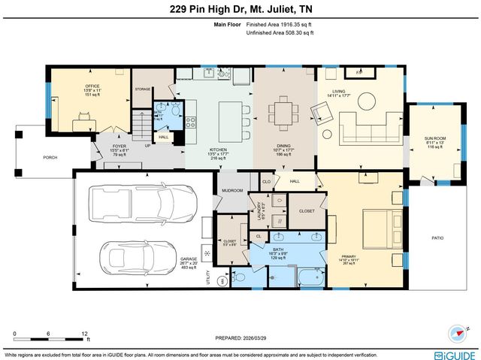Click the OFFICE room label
point(92,86)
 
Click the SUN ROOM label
point(434,139)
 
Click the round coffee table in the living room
point(367,100)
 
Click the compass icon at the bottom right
point(458,334)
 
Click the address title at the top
point(240,9)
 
